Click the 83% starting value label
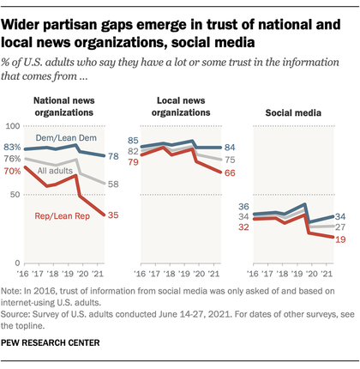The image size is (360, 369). pos(13,148)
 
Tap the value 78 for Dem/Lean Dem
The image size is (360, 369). pos(113,156)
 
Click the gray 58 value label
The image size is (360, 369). pos(113,184)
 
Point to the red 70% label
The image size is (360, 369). pos(13,171)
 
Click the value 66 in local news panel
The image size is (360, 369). pos(230,173)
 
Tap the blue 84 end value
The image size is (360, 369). pos(230,148)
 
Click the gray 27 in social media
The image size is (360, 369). pos(340,227)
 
